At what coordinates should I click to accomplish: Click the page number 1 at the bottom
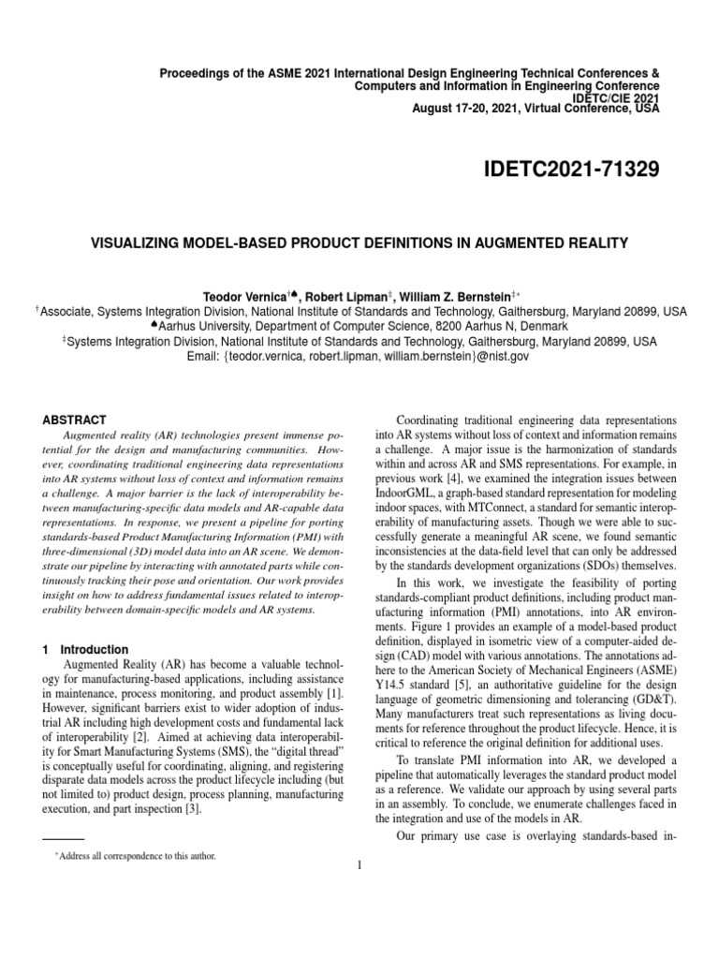pos(359,864)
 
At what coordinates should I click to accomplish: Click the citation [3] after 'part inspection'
pos(192,809)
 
